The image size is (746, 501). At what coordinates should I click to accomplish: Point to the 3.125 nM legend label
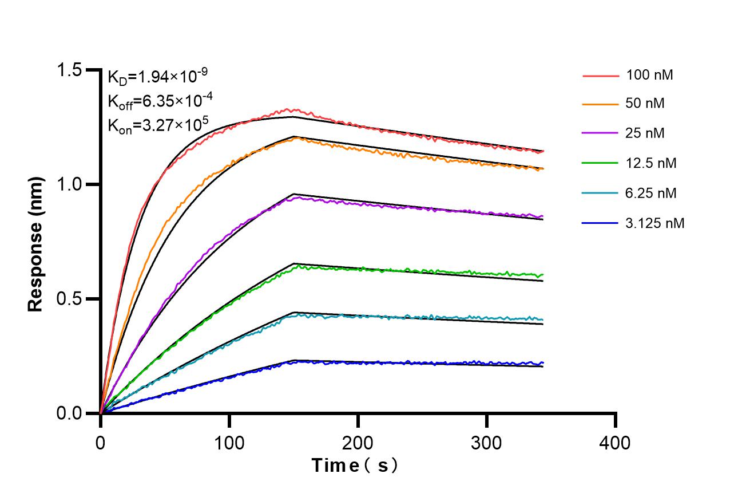coord(655,223)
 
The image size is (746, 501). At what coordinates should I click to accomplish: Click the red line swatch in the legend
coord(601,75)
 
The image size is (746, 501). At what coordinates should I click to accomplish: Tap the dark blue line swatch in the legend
coord(601,223)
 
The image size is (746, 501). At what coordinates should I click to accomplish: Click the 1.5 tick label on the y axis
coord(70,70)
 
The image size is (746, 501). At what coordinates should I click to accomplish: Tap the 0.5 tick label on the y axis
coord(70,299)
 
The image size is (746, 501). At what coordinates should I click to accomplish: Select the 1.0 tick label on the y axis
coord(70,184)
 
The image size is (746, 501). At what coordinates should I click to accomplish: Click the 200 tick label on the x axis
coord(358,443)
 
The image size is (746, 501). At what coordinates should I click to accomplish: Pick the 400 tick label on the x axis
coord(616,443)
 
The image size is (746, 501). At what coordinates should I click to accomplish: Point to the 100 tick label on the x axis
coord(229,443)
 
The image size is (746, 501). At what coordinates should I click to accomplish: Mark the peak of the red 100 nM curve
coord(293,109)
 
